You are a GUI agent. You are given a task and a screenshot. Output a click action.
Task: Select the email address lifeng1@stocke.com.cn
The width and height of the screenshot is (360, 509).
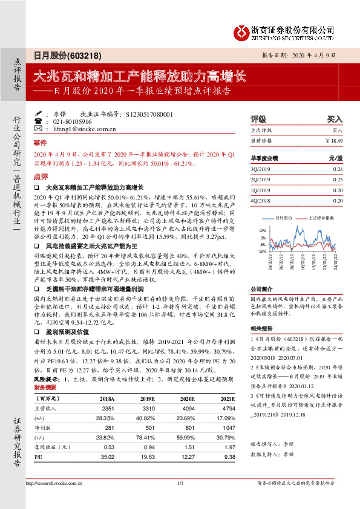(x=80, y=129)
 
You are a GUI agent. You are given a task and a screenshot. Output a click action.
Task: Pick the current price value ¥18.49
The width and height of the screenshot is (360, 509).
(x=334, y=140)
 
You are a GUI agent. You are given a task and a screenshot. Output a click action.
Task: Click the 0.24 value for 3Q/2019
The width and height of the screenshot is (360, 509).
(x=338, y=169)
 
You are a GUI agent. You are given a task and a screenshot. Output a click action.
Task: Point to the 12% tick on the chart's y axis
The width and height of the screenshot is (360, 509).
(x=262, y=231)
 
